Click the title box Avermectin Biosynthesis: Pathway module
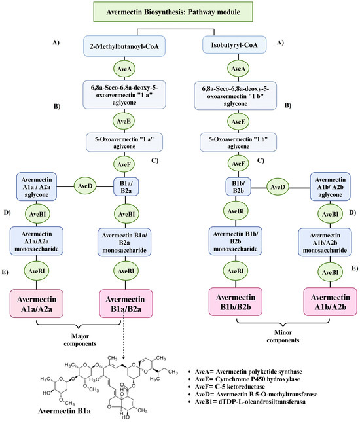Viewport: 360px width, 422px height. tap(180, 12)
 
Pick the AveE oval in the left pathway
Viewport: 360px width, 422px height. tap(124, 121)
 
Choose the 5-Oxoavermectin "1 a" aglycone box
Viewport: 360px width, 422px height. tap(124, 143)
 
